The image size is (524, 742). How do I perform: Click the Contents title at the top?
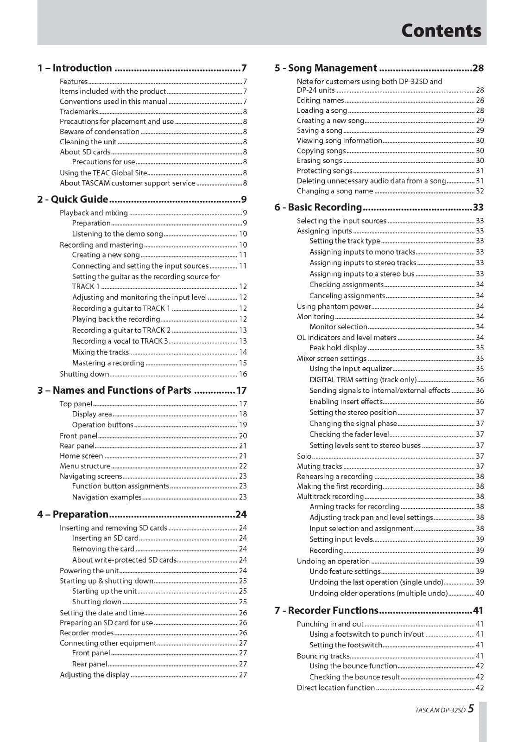[x=441, y=31]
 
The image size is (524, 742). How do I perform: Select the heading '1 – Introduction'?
[x=75, y=68]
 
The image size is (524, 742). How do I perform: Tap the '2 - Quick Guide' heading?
[x=73, y=199]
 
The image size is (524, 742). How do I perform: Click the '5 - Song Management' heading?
[x=325, y=68]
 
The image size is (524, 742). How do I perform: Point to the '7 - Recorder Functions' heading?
[x=326, y=610]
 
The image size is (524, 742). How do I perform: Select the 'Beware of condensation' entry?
[x=99, y=132]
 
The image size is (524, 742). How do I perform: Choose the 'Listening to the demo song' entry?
[x=117, y=234]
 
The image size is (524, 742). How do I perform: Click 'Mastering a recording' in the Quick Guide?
[x=108, y=363]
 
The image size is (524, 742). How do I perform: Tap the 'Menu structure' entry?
[x=85, y=466]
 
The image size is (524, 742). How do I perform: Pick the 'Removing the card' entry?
[x=103, y=549]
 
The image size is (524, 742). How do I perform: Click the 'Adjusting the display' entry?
[x=95, y=675]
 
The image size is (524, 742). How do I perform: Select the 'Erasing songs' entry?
[x=319, y=161]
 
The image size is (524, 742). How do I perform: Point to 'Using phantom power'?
[x=334, y=307]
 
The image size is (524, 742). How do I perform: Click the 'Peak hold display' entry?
[x=338, y=348]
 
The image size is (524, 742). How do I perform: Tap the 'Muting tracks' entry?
[x=319, y=467]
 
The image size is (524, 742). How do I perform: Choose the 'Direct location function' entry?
[x=335, y=688]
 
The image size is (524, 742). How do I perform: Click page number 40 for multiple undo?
[x=480, y=593]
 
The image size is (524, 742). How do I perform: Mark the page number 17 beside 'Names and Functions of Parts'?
[x=241, y=390]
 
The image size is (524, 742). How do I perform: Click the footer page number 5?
[x=471, y=709]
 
